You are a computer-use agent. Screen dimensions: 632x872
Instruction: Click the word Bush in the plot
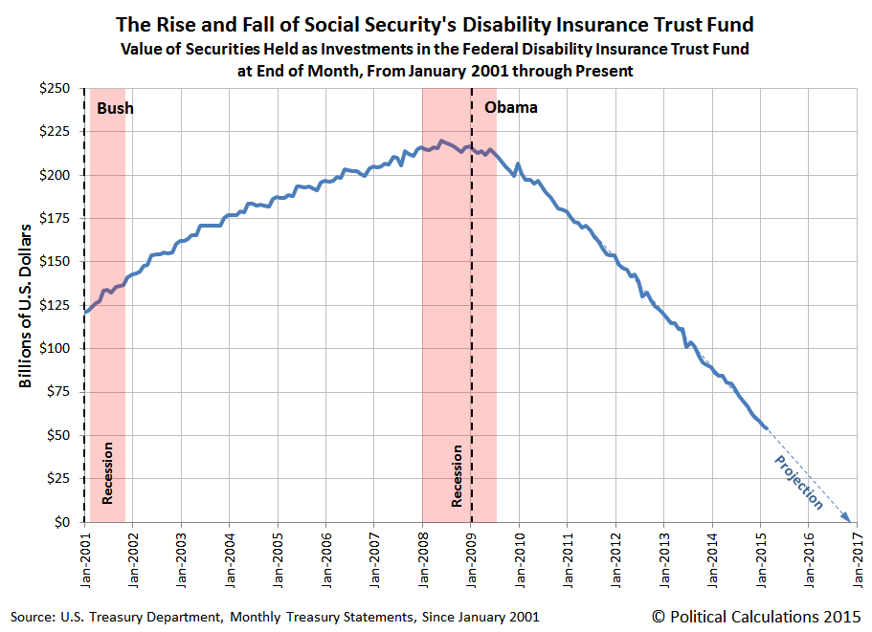pos(115,108)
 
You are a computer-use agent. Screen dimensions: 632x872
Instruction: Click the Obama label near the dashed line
pos(511,107)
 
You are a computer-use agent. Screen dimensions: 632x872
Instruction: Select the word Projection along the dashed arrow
pos(796,480)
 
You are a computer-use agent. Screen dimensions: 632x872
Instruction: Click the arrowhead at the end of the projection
pos(847,518)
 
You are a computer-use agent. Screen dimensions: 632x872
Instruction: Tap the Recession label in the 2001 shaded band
pos(107,472)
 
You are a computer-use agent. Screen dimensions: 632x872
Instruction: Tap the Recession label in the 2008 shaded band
pos(458,475)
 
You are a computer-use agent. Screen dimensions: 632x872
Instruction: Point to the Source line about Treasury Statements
pos(275,617)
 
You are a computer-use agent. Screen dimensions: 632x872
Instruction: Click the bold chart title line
pos(436,24)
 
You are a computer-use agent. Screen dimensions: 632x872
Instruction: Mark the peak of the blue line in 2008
pos(440,142)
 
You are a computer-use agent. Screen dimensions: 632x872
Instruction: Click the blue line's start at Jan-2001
pos(85,312)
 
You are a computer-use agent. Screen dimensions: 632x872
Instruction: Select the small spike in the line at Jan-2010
pos(518,164)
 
